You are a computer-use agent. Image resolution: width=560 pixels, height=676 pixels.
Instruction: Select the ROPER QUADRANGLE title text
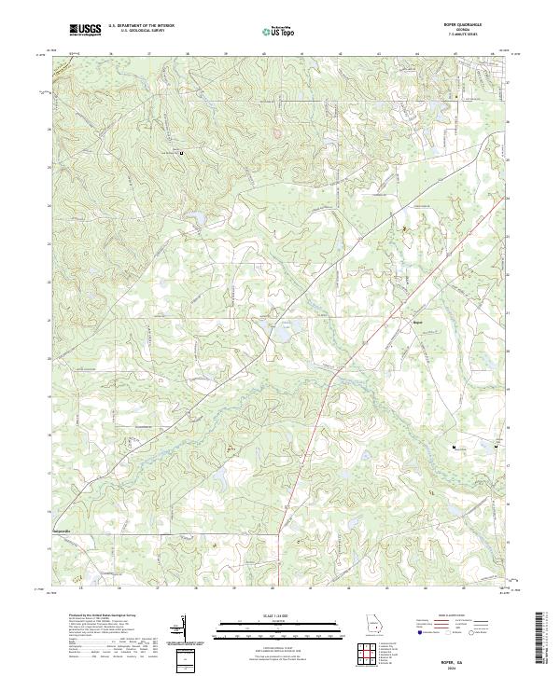click(469, 25)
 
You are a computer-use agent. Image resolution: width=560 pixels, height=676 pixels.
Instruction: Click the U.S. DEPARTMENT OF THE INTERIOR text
click(141, 26)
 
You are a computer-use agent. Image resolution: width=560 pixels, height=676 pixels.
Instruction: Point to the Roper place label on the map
click(417, 323)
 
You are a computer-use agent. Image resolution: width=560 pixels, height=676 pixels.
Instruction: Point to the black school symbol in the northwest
click(181, 153)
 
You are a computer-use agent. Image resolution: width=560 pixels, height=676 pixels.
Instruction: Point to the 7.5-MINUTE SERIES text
click(469, 36)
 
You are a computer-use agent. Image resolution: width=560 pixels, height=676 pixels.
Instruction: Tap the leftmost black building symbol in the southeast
click(455, 448)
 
